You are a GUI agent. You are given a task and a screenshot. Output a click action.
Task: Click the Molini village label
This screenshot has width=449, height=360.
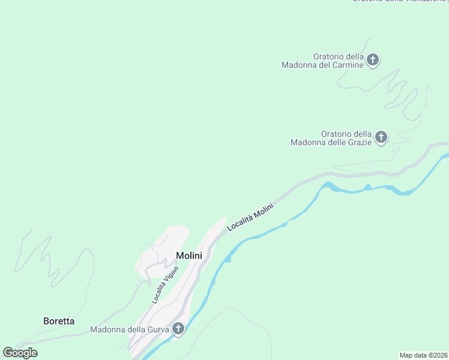[188, 256]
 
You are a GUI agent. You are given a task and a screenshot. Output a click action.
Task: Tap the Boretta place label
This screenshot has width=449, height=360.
[59, 321]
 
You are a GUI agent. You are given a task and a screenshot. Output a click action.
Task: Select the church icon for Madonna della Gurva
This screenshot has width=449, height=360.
[178, 329]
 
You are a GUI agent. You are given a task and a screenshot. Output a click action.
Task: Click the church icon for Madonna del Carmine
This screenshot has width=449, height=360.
[373, 60]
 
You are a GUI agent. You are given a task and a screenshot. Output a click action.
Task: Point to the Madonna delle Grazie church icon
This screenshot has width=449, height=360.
[381, 138]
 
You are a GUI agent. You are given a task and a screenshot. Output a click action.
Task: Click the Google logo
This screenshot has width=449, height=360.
[20, 353]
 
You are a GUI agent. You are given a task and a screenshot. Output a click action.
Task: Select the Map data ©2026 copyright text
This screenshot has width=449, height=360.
[423, 355]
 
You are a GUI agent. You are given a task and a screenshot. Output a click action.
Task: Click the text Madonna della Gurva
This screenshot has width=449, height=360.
[129, 329]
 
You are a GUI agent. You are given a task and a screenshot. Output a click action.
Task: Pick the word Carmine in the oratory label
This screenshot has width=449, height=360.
[349, 65]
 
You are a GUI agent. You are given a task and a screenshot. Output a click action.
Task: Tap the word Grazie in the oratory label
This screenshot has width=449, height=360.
[358, 143]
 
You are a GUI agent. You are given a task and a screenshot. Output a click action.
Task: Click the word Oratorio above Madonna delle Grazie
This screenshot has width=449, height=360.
[338, 134]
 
